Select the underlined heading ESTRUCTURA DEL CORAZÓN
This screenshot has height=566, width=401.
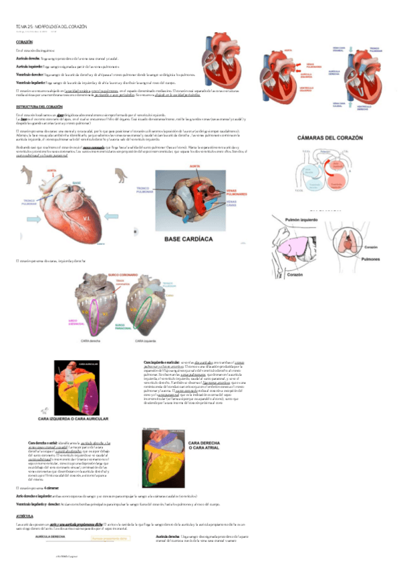(39, 107)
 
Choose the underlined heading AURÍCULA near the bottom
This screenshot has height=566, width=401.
(25, 517)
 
